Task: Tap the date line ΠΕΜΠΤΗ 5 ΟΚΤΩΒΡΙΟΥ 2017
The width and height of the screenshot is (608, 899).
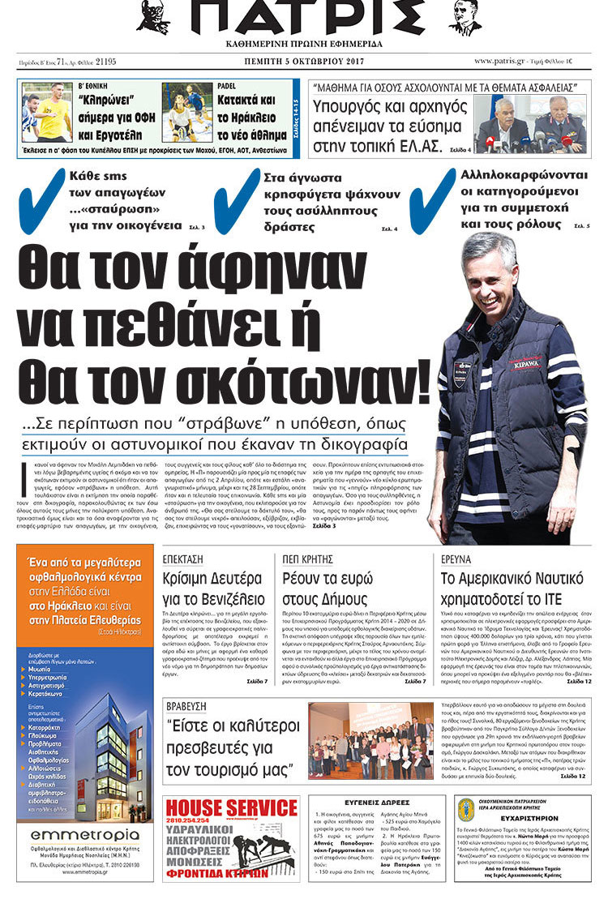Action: [x=305, y=61]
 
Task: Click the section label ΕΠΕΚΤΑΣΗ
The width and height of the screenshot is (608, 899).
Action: [x=185, y=559]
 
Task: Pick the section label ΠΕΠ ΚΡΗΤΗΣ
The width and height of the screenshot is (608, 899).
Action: [x=308, y=559]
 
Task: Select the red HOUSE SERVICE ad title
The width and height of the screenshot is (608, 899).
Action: [x=231, y=807]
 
